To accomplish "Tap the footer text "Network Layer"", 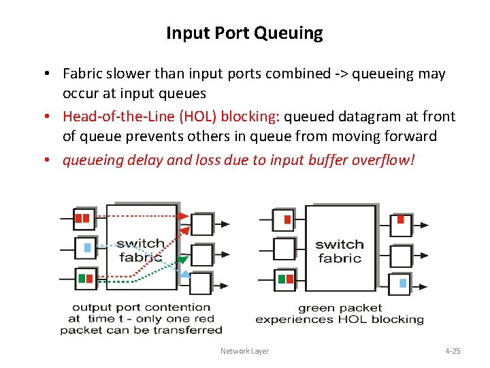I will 244,351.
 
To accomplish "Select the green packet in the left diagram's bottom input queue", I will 82,278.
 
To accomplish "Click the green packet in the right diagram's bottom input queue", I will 282,279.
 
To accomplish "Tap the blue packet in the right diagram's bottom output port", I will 403,283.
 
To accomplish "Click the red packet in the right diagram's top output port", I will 401,220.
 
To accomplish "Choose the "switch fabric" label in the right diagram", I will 339,251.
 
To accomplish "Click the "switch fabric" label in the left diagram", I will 140,250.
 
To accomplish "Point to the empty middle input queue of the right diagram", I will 284,249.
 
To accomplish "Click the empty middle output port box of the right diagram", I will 401,256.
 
